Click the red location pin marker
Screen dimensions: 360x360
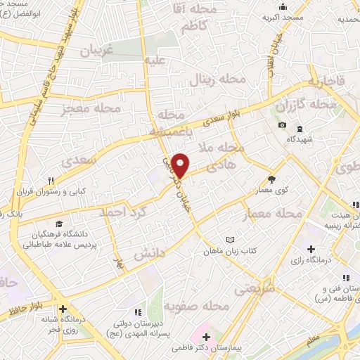coord(181,165)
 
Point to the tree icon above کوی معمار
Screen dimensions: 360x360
coord(272,179)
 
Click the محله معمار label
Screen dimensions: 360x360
coord(276,212)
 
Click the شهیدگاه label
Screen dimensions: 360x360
coord(300,139)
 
